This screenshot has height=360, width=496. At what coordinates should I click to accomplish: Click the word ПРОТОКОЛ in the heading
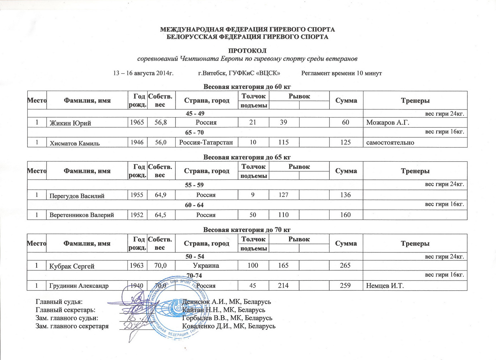tap(247, 51)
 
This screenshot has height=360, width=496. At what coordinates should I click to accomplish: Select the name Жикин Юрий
tap(70, 123)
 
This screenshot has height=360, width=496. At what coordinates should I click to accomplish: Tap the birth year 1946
tap(137, 142)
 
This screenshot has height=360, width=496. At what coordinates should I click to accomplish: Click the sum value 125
tap(346, 142)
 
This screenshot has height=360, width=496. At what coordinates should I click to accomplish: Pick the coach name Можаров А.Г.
tap(388, 123)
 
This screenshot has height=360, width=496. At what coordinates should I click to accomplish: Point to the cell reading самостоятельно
tap(390, 143)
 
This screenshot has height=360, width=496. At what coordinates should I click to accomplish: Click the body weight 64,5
tap(161, 215)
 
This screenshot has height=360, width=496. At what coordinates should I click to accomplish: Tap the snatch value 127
tap(283, 195)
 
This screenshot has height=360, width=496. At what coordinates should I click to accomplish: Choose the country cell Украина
tap(206, 266)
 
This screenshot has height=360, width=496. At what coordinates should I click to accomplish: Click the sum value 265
tap(346, 265)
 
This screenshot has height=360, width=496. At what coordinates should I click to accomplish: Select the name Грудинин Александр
tap(79, 286)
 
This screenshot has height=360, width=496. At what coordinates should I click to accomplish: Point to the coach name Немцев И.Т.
tap(385, 286)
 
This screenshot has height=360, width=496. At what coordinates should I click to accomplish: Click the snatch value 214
tap(283, 286)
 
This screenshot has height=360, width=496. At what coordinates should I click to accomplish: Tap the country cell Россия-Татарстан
tap(206, 142)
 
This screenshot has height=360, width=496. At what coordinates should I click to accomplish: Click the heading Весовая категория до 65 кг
tap(247, 157)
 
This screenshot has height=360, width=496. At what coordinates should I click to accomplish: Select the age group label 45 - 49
tap(195, 114)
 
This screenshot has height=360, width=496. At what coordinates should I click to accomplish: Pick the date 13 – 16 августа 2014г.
tap(143, 73)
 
